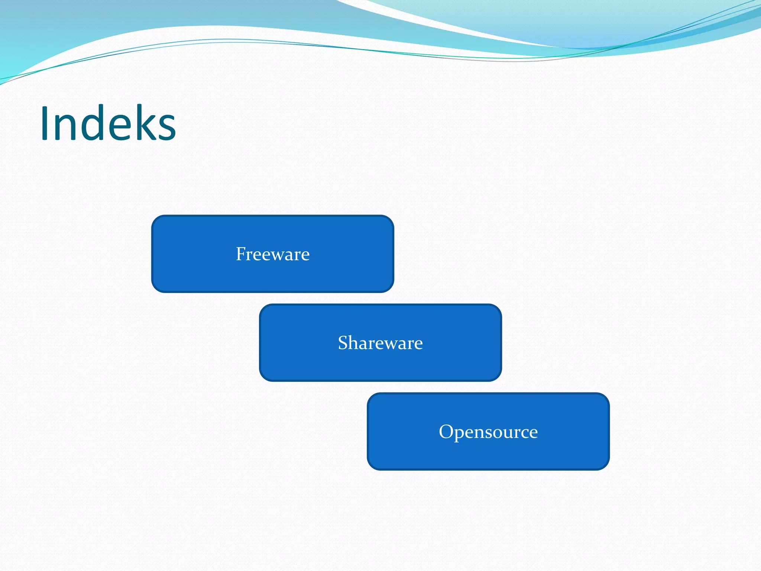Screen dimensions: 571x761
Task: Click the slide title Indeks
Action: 108,123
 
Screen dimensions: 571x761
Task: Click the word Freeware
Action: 273,254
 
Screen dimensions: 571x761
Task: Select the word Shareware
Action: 380,343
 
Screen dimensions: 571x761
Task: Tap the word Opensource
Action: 488,432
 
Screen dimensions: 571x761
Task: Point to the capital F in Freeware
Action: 241,254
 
